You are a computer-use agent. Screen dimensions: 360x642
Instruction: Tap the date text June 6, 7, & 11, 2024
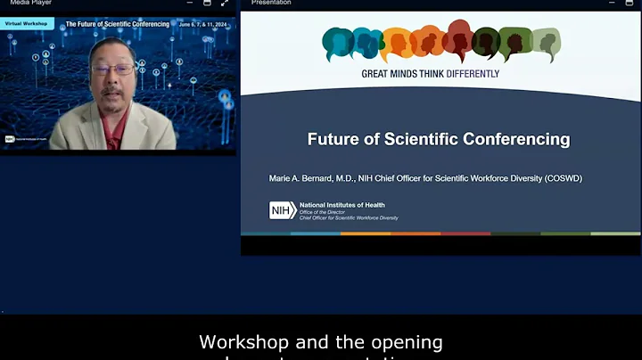205,23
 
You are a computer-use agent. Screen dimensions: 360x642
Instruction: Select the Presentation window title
271,3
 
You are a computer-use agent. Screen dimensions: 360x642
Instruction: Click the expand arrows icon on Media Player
226,4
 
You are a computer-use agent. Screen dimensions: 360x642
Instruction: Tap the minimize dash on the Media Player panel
189,4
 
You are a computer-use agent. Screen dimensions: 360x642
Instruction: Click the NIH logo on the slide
282,210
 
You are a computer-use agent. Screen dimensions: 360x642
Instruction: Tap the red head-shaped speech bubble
460,40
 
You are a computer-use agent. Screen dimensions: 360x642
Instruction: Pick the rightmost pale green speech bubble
545,42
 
